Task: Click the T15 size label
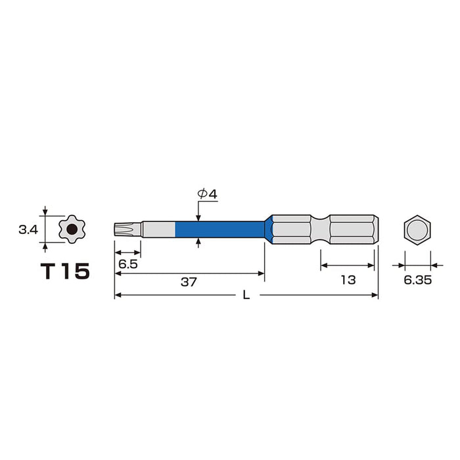65,271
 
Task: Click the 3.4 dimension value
28,230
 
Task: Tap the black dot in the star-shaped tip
72,229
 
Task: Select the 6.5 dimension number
128,264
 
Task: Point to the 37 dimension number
189,282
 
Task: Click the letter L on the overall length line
246,295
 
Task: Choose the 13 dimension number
348,280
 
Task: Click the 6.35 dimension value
418,280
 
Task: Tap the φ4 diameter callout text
208,194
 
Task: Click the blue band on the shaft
220,229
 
